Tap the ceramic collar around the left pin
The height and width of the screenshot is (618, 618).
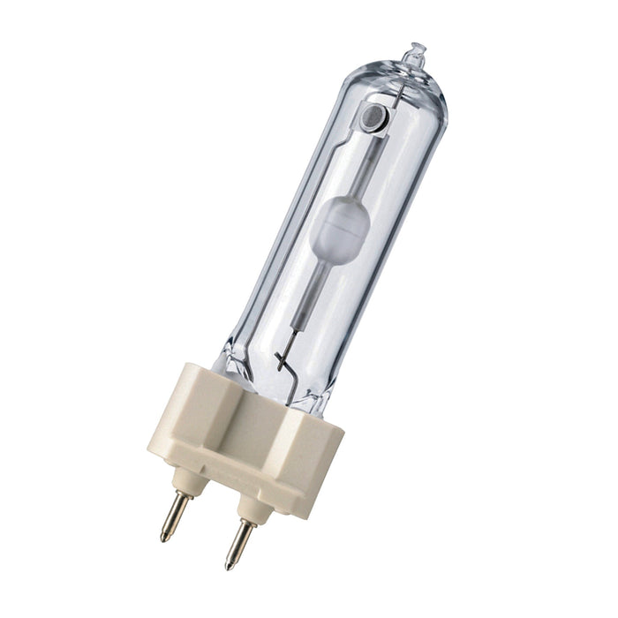[187, 481]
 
